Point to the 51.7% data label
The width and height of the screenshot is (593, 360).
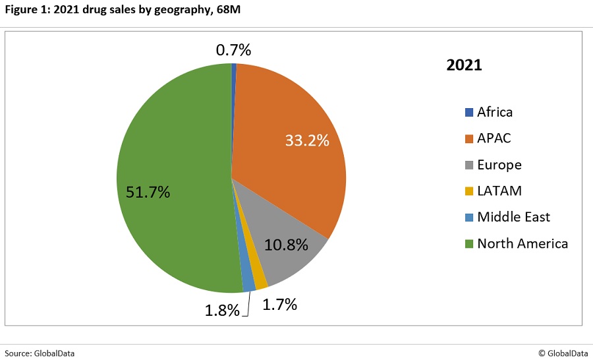148,193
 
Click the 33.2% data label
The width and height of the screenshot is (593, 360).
306,140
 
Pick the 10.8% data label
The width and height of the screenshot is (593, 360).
286,245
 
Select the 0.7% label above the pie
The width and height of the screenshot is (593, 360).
233,49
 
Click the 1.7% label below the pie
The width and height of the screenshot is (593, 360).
279,305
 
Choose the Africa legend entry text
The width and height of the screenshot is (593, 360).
495,112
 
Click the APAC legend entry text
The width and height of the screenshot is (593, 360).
494,138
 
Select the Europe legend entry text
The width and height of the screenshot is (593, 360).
499,165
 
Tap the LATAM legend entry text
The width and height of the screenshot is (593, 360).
499,191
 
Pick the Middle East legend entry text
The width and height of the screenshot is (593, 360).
513,217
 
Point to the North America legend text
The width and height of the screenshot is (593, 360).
522,243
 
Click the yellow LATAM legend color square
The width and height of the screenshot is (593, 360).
469,191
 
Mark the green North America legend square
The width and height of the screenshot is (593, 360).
469,244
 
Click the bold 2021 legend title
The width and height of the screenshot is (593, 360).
465,66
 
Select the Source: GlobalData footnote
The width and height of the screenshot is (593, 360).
40,353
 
